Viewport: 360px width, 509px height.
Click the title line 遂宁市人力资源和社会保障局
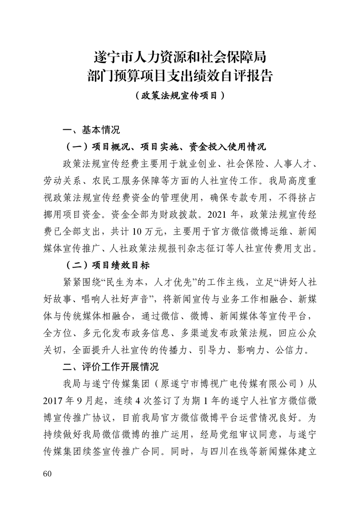pyautogui.click(x=180, y=58)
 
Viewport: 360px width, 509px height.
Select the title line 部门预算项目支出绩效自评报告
pyautogui.click(x=180, y=75)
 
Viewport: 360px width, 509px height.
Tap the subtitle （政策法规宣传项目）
pyautogui.click(x=180, y=96)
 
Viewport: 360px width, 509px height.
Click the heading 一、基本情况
pyautogui.click(x=91, y=130)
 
